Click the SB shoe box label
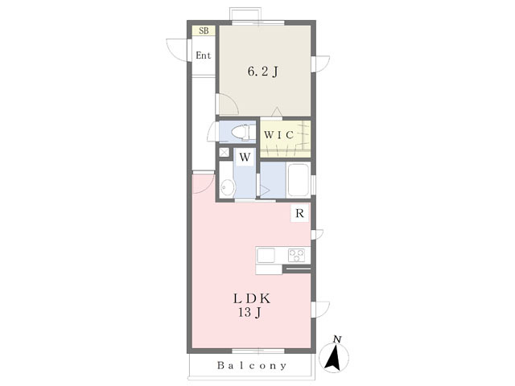(204, 31)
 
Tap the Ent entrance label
(204, 55)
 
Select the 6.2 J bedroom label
(262, 72)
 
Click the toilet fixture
(240, 132)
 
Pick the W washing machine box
(244, 156)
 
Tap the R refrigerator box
(299, 213)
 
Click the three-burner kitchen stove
(295, 256)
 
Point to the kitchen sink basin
(266, 256)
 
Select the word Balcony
(251, 366)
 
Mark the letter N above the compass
(338, 339)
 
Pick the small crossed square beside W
(224, 151)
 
